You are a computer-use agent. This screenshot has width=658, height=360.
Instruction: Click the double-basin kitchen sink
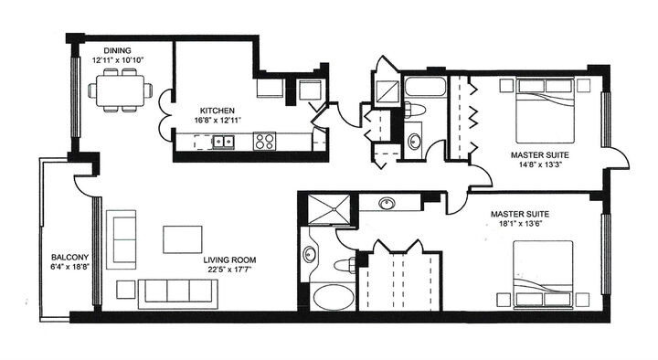(x=222, y=142)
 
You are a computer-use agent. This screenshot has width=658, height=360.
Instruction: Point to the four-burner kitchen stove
(x=265, y=142)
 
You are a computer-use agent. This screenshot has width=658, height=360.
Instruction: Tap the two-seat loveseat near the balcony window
(x=121, y=238)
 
